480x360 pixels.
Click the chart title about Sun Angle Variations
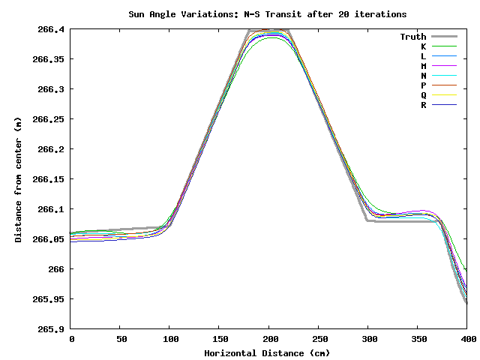[267, 14]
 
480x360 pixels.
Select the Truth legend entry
[412, 37]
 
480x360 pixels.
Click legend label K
[423, 46]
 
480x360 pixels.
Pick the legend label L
[423, 56]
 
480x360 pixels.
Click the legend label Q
[423, 95]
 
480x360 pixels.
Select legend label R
[423, 105]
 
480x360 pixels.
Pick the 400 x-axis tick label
[466, 340]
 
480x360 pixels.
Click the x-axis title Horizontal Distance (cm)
[268, 352]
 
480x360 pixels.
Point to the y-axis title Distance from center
[18, 179]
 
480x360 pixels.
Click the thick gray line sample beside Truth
[444, 37]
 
